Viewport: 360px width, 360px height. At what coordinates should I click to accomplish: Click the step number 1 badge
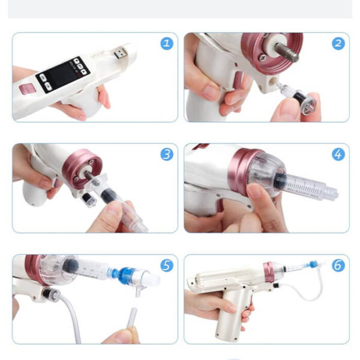(167, 44)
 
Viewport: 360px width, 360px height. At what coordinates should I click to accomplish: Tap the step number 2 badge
(338, 44)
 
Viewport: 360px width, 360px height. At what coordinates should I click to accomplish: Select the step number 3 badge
(167, 155)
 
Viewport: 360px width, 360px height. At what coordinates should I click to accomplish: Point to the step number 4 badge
(338, 155)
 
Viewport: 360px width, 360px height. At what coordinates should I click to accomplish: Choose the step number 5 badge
(167, 265)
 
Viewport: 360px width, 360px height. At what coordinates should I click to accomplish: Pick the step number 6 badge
(338, 265)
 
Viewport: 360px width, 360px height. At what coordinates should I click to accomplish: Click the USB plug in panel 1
(120, 52)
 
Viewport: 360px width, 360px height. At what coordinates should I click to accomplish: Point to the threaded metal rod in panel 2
(287, 52)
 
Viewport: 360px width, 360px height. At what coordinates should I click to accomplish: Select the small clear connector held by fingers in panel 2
(298, 99)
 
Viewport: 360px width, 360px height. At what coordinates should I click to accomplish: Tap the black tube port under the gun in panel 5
(49, 294)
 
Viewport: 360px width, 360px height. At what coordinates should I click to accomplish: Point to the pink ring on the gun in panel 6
(269, 273)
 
